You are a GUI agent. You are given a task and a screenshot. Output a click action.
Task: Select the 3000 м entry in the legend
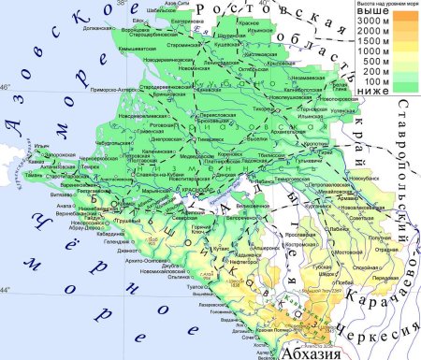click(371, 20)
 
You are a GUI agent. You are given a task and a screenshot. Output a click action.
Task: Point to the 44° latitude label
click(6, 291)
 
